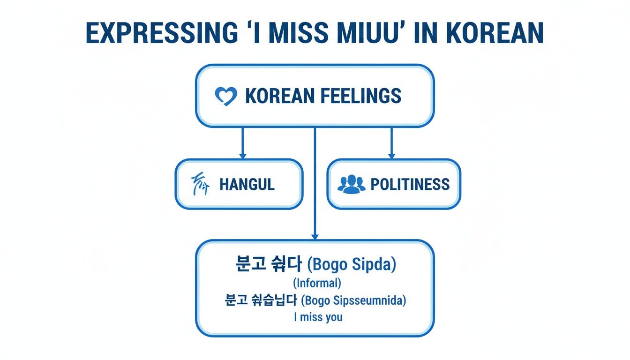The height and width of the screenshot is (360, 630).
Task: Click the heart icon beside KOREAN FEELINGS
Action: (x=226, y=96)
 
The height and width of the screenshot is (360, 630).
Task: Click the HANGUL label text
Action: (x=247, y=184)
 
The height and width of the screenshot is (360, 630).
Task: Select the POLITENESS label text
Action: (x=410, y=184)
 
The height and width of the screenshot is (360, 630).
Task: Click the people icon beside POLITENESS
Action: (x=351, y=184)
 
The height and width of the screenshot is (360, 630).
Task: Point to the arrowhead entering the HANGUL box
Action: (x=242, y=155)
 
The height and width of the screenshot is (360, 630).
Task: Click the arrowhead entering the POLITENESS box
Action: (x=391, y=155)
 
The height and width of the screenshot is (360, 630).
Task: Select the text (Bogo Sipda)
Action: (x=352, y=264)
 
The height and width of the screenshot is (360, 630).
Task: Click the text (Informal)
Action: (x=316, y=283)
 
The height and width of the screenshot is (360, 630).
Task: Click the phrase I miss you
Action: (x=318, y=317)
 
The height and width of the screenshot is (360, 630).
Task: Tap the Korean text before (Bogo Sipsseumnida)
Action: (x=261, y=300)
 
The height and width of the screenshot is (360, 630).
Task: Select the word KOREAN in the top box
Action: (x=280, y=96)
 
